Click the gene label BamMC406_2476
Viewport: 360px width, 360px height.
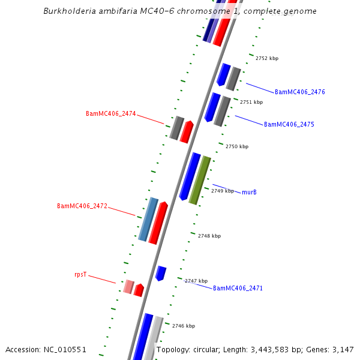click(299, 92)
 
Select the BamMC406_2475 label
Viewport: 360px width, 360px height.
click(289, 125)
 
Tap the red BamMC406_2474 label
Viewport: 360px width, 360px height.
click(110, 114)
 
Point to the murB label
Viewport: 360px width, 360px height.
click(249, 193)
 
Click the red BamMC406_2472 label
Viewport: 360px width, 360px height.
click(82, 206)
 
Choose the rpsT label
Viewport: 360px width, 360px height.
click(80, 275)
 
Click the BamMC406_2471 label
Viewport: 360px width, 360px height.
click(238, 289)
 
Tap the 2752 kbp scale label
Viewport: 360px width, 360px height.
click(267, 59)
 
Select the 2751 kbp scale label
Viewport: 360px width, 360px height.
click(251, 103)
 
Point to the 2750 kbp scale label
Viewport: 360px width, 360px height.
click(237, 147)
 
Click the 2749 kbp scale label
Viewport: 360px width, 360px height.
click(223, 191)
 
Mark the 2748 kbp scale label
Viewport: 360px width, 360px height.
click(209, 236)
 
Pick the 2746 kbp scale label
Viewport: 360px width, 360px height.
click(184, 326)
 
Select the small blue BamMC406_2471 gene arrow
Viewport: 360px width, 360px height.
click(160, 273)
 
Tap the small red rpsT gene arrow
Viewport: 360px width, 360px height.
click(139, 290)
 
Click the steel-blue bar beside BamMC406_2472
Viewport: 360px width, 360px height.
click(148, 219)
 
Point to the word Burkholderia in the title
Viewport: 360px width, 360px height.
click(70, 11)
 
